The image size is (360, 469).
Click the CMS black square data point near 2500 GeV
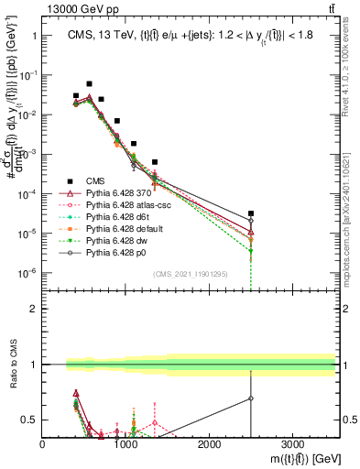251,213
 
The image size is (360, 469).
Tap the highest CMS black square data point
89,83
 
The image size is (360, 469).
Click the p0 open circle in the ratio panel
251,398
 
